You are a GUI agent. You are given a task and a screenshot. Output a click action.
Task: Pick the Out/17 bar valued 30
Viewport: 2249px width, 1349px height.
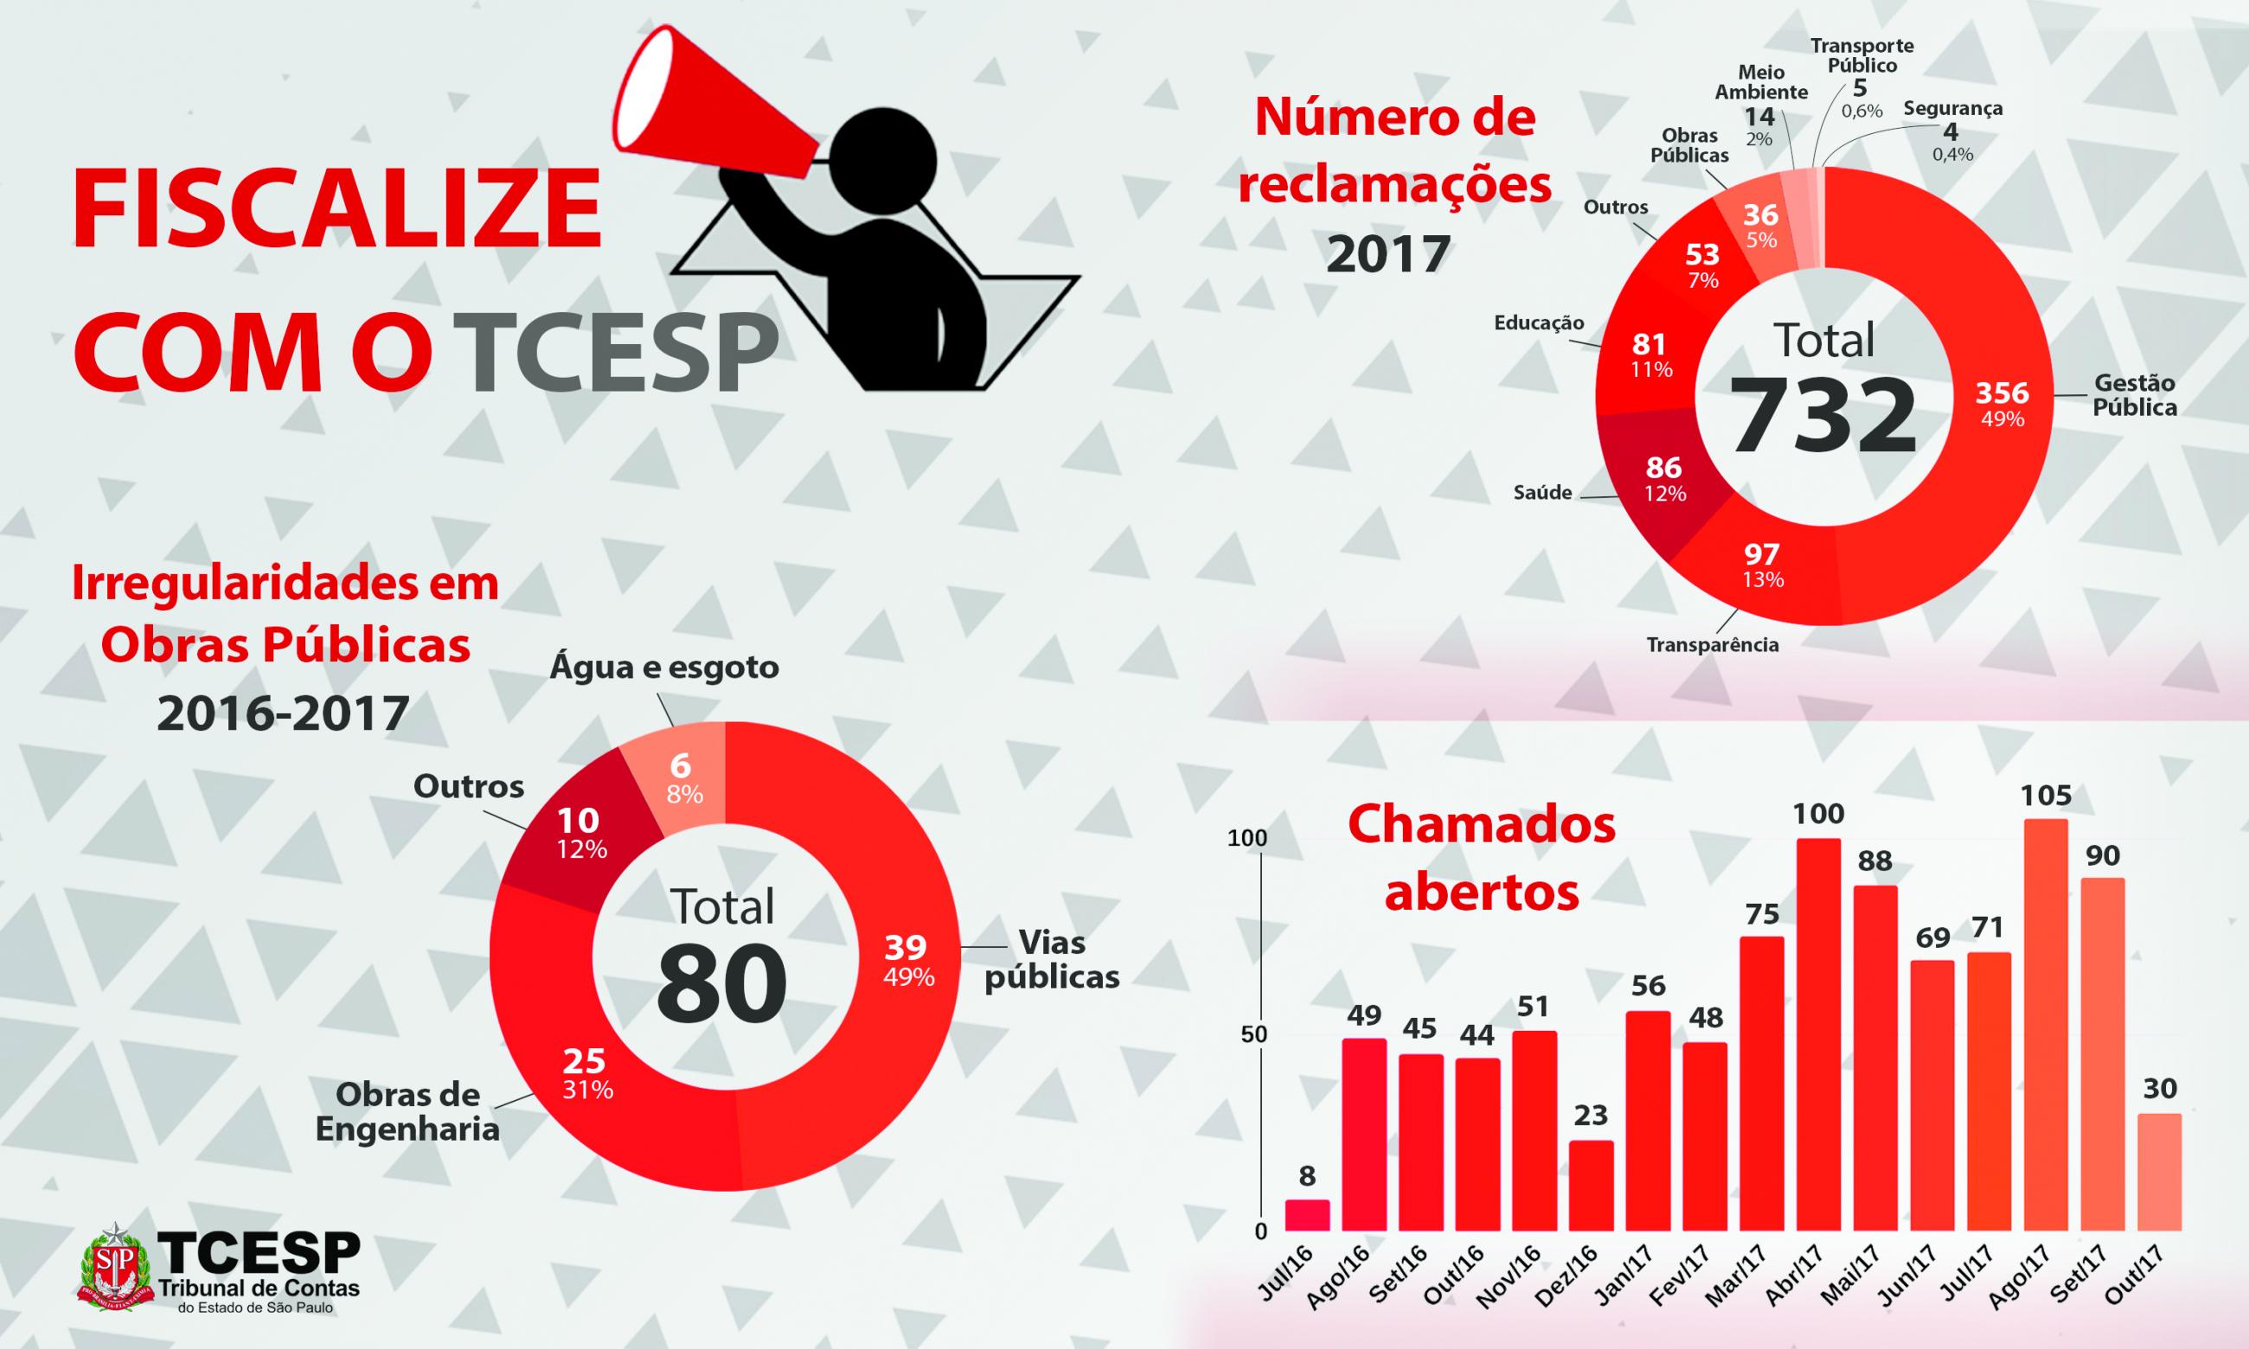point(2159,1173)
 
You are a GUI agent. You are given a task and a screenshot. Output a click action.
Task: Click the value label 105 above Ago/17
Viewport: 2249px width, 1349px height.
point(2046,796)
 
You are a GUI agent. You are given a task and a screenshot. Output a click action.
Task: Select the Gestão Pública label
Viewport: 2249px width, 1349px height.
point(2135,395)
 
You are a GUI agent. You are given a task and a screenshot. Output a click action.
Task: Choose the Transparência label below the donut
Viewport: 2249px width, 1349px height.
point(1713,644)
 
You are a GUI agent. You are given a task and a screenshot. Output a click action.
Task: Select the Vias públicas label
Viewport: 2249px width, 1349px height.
point(1053,959)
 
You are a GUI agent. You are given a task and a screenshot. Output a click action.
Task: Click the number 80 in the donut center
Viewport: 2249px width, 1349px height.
point(721,983)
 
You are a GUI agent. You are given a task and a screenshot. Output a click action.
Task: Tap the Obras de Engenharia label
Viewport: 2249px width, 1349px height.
point(407,1112)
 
